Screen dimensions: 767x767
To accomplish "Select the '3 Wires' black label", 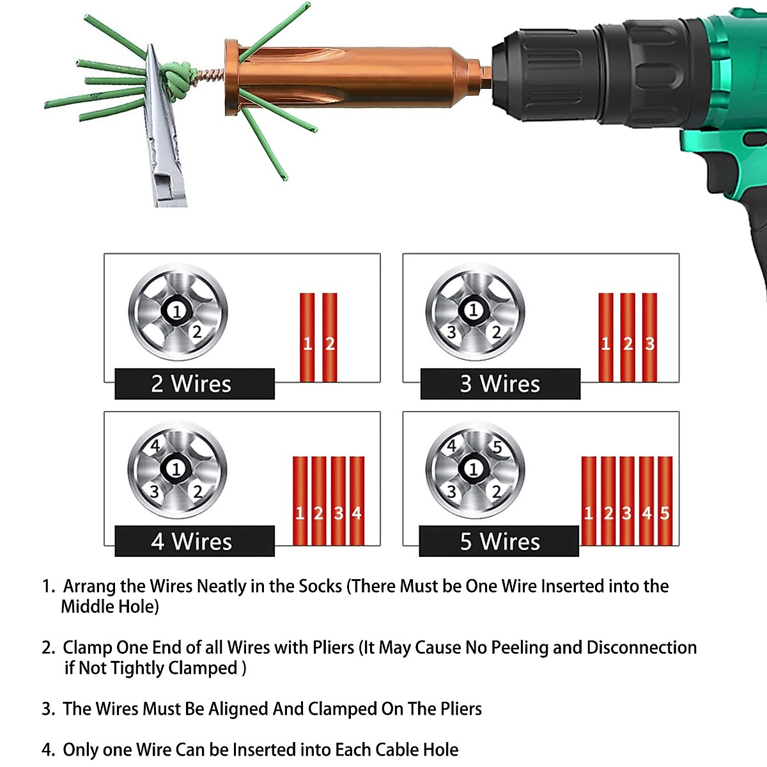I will pyautogui.click(x=500, y=384).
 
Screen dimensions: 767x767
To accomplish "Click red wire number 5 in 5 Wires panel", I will pyautogui.click(x=665, y=500).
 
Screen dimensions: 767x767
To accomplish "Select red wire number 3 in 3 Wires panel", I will pyautogui.click(x=649, y=337).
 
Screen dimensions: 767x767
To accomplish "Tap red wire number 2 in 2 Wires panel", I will pyautogui.click(x=330, y=337).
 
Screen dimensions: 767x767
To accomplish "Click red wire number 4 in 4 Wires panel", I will pyautogui.click(x=357, y=500).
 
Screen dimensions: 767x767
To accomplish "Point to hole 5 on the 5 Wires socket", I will pyautogui.click(x=498, y=446).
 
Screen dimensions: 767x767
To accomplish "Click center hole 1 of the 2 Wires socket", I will pyautogui.click(x=177, y=311).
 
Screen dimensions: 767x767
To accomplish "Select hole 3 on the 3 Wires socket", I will pyautogui.click(x=451, y=332).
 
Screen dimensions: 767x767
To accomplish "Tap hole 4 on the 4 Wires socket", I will pyautogui.click(x=155, y=445).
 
